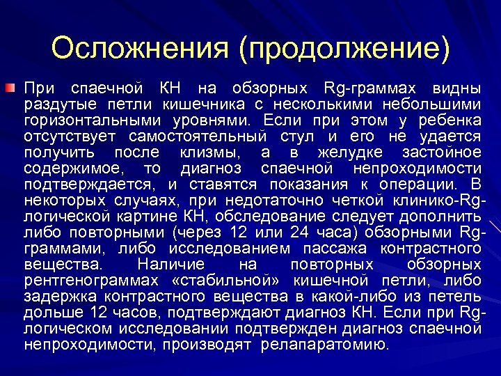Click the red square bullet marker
pyautogui.click(x=8, y=88)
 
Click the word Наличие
pyautogui.click(x=171, y=265)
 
